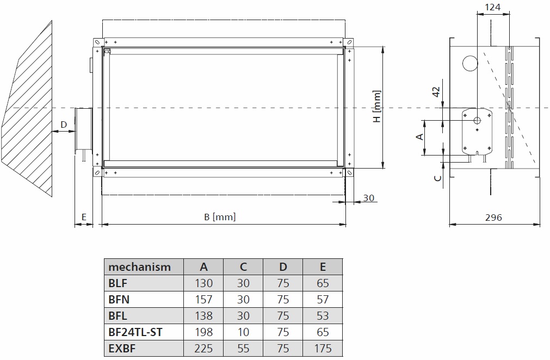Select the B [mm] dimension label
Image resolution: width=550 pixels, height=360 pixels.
point(219,217)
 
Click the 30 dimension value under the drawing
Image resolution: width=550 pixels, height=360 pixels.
point(369,198)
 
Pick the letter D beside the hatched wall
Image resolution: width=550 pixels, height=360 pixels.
point(64,125)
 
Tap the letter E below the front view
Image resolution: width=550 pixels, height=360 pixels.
point(83,216)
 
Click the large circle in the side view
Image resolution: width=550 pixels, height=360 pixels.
point(469,64)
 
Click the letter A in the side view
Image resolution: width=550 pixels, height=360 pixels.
point(419,136)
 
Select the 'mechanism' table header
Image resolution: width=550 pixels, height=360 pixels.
point(140,267)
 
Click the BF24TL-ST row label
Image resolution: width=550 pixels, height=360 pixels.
point(135,332)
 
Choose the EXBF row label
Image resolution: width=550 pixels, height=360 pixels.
point(122,349)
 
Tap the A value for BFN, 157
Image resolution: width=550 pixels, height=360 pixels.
point(203,300)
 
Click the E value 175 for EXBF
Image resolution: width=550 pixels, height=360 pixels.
point(323,349)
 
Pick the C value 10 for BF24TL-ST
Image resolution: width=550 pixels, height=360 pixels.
point(243,332)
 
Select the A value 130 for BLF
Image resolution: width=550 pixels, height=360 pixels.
point(203,283)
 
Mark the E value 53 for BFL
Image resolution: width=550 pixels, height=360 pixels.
point(323,316)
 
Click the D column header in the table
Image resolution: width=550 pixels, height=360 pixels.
point(283,267)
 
